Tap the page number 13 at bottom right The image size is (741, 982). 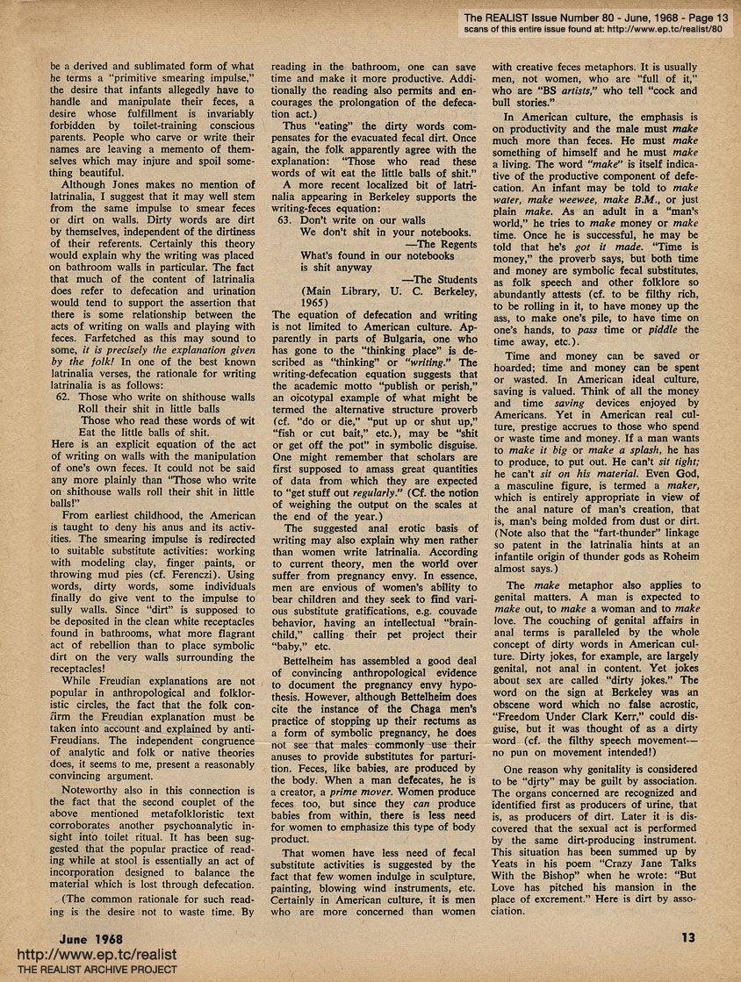689,936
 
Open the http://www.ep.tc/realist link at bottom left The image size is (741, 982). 91,955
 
